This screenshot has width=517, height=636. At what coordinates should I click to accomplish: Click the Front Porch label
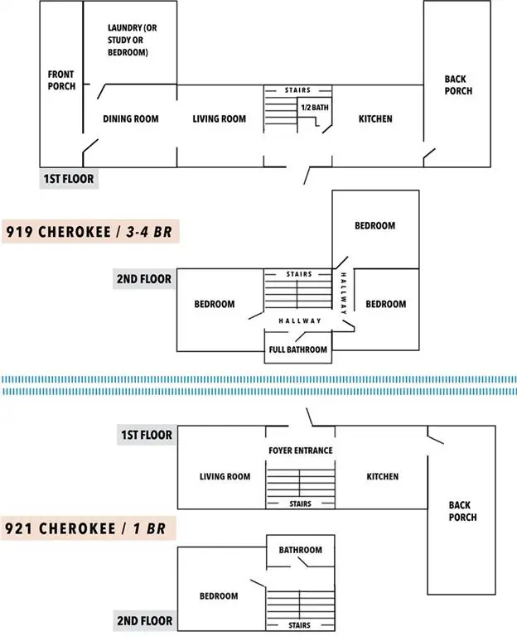click(61, 79)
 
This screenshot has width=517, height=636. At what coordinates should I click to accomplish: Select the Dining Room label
click(131, 118)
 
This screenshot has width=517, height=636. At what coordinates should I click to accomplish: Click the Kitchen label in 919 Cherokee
click(375, 118)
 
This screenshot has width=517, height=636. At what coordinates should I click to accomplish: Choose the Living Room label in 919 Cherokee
click(220, 118)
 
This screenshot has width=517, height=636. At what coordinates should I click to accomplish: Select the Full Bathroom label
click(298, 349)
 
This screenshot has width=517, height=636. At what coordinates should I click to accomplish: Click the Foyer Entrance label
click(301, 450)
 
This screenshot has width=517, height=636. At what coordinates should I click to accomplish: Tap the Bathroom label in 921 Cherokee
click(300, 549)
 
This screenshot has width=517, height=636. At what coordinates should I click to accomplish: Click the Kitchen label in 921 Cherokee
click(383, 476)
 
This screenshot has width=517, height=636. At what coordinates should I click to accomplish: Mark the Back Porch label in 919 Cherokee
click(458, 85)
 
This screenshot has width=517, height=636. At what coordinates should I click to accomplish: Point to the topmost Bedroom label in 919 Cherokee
click(375, 225)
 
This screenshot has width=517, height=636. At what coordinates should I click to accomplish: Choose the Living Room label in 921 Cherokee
click(225, 476)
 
